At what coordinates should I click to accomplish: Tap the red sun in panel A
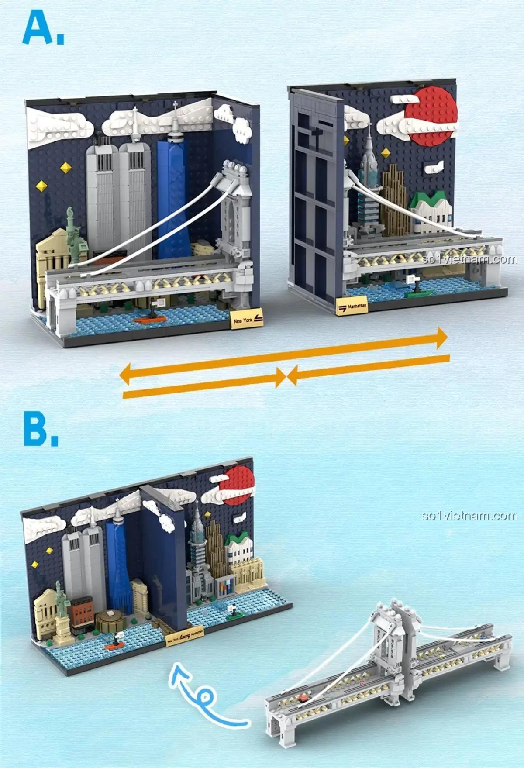pos(431,115)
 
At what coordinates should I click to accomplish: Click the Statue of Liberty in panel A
pos(75,236)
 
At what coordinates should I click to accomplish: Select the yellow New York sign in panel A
pos(247,320)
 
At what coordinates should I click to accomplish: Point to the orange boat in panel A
pos(150,319)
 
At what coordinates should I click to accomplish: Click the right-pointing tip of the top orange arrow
pos(443,338)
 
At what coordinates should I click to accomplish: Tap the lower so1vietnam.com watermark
pos(470,516)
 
